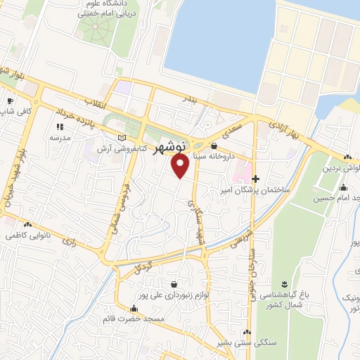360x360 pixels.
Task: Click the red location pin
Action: point(181,166)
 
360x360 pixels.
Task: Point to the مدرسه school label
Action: point(58,139)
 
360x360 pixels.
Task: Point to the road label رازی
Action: point(70,241)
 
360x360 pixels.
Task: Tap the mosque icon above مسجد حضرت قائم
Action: point(134,308)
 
